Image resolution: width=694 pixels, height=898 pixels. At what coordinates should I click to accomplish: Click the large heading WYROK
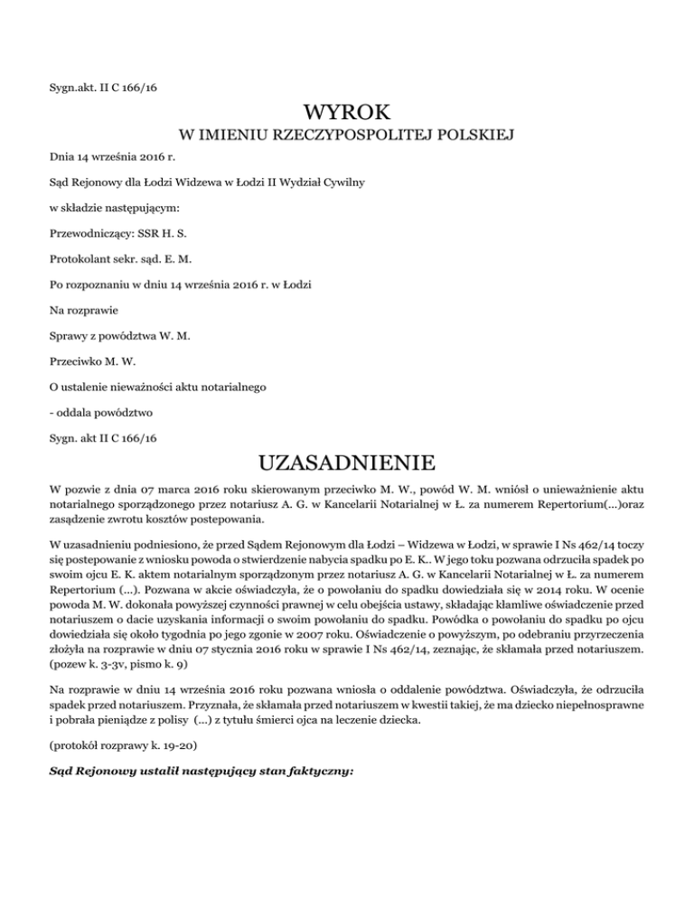[347, 114]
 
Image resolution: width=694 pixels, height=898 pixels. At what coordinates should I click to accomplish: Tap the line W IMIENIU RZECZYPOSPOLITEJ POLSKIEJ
[347, 136]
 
